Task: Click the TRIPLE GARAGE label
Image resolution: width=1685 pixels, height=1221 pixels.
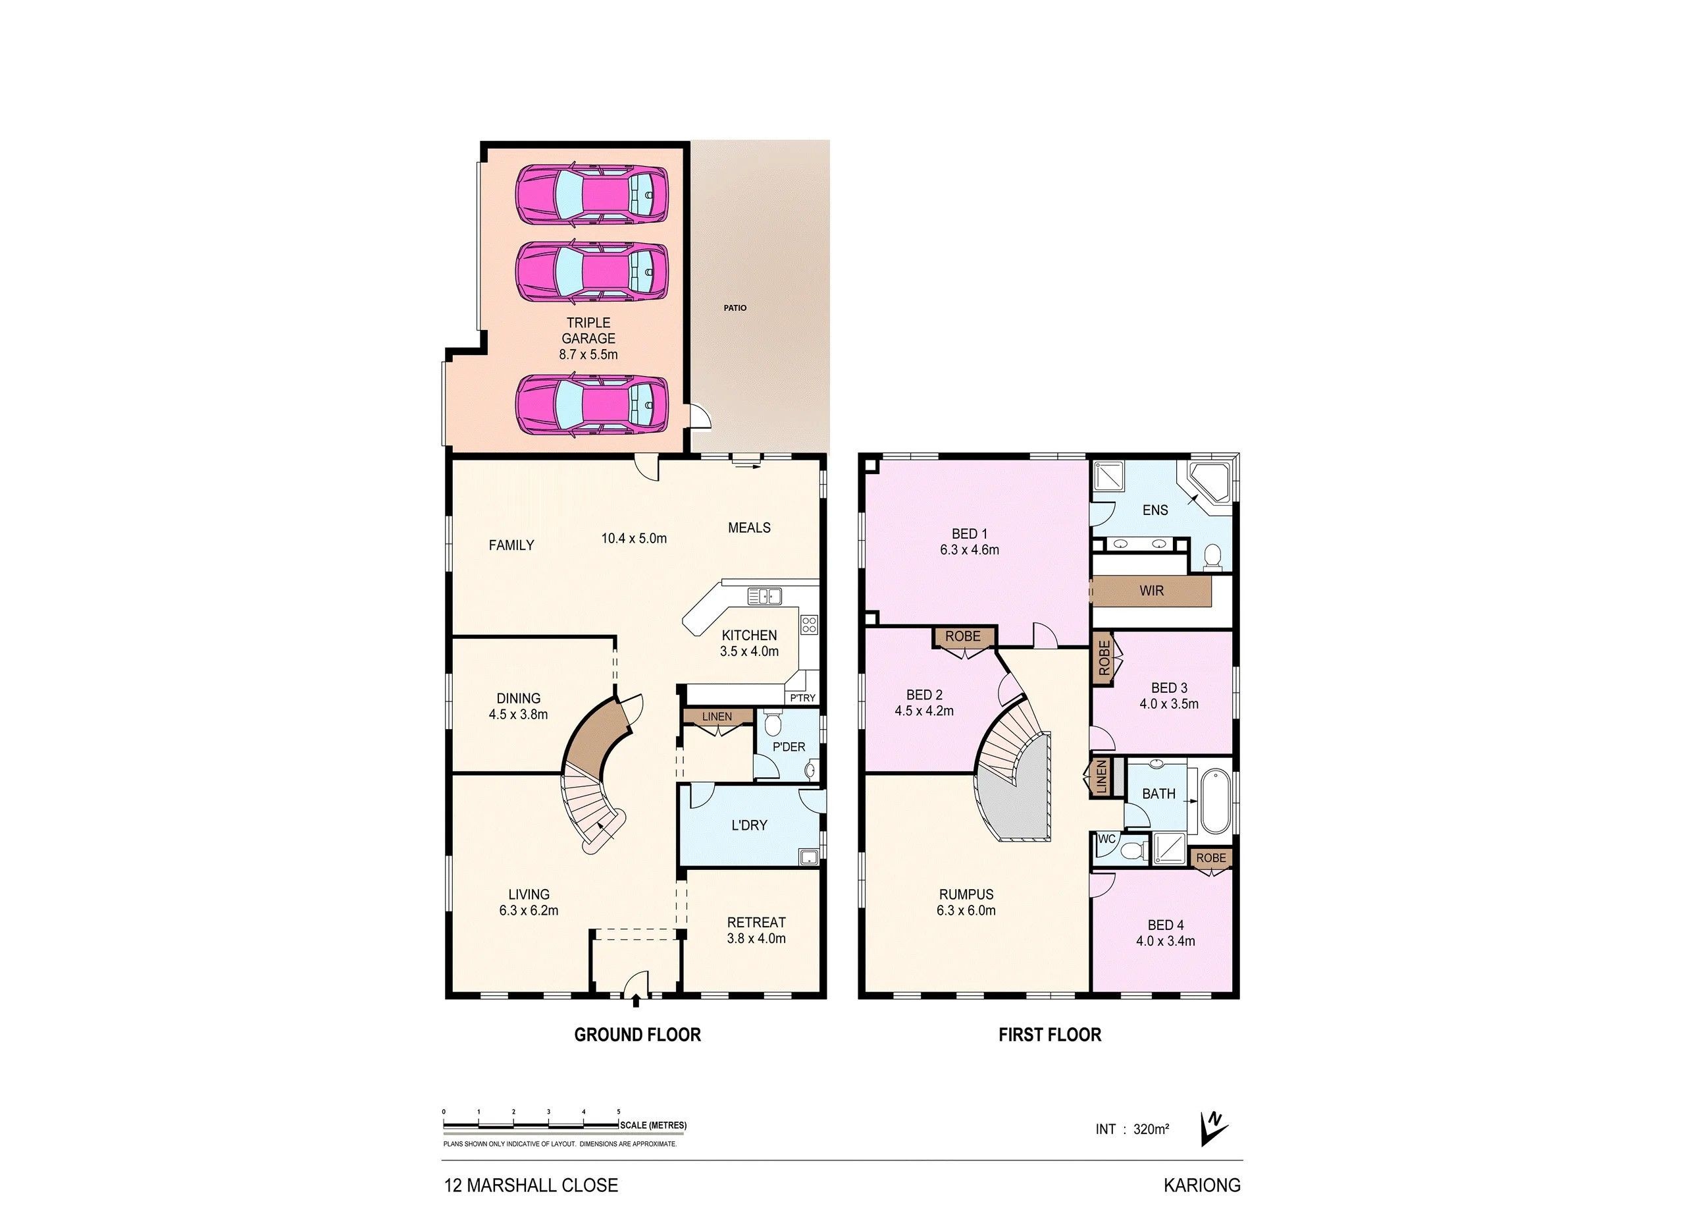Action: click(588, 331)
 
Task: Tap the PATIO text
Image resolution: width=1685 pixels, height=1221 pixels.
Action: click(735, 308)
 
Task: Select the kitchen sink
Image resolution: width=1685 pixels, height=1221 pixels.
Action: click(764, 595)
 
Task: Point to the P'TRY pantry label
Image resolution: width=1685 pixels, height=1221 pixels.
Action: click(802, 698)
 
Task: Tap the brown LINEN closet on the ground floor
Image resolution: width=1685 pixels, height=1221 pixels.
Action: click(716, 717)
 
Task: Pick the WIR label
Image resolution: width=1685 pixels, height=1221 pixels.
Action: click(1152, 591)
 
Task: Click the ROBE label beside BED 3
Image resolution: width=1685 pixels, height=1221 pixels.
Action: click(1104, 658)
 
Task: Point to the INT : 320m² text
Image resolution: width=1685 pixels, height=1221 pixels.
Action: click(1132, 1129)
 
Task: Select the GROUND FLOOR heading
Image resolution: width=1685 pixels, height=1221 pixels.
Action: click(637, 1035)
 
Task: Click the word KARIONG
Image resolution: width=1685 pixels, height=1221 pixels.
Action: click(1202, 1185)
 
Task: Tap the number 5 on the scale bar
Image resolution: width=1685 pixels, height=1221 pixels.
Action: click(619, 1112)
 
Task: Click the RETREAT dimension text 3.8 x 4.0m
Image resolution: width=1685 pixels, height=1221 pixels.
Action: click(756, 938)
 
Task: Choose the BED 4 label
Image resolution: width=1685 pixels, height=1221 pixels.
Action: click(1166, 925)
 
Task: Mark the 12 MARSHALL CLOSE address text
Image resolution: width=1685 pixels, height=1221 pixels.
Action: click(531, 1185)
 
